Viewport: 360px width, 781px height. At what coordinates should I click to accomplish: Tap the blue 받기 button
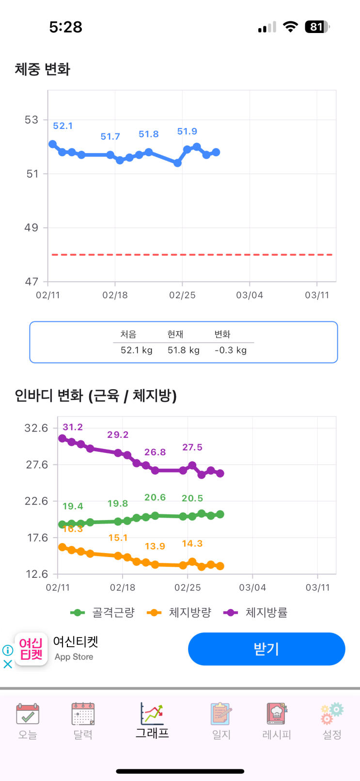pyautogui.click(x=266, y=649)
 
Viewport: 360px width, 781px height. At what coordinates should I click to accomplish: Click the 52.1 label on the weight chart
pyautogui.click(x=63, y=126)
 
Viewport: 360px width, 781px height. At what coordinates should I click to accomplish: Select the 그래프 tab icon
pyautogui.click(x=152, y=714)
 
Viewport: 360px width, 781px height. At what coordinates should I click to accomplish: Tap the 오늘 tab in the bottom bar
pyautogui.click(x=28, y=721)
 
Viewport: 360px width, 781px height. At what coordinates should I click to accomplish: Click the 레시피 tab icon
pyautogui.click(x=276, y=714)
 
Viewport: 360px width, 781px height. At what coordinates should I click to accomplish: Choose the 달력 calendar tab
pyautogui.click(x=83, y=721)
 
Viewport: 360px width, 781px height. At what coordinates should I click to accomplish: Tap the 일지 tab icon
pyautogui.click(x=221, y=714)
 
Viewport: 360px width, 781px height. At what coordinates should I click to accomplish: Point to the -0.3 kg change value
pyautogui.click(x=231, y=350)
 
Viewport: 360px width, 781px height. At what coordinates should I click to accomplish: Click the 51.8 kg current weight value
pyautogui.click(x=184, y=350)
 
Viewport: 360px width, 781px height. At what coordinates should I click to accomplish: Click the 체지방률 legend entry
pyautogui.click(x=255, y=613)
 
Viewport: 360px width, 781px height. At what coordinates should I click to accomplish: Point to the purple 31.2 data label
pyautogui.click(x=73, y=427)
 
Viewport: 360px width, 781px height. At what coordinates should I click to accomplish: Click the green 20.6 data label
pyautogui.click(x=155, y=497)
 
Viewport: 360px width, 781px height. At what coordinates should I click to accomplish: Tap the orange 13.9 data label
pyautogui.click(x=155, y=546)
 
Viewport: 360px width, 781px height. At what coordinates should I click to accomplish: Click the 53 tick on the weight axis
pyautogui.click(x=31, y=120)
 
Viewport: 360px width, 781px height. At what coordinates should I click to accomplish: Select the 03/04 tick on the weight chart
pyautogui.click(x=250, y=295)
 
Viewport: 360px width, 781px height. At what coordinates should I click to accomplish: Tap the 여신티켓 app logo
pyautogui.click(x=31, y=649)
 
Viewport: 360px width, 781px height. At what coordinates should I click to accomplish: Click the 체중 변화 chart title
pyautogui.click(x=43, y=69)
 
